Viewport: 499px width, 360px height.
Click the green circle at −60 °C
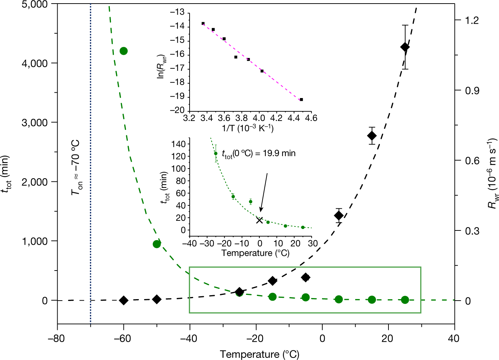click(x=123, y=51)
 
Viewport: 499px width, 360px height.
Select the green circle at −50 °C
click(x=157, y=244)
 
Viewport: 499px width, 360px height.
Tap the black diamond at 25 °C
click(x=405, y=47)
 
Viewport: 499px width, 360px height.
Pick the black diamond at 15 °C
click(x=372, y=136)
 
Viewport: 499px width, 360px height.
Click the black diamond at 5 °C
click(x=339, y=215)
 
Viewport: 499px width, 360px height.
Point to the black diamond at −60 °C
click(x=123, y=300)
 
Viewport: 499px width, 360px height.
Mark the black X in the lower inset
click(x=260, y=220)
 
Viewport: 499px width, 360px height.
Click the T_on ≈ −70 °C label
click(x=76, y=168)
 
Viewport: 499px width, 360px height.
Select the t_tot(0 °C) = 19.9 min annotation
click(x=259, y=154)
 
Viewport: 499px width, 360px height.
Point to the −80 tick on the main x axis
click(x=57, y=338)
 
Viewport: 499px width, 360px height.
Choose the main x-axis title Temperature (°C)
click(x=259, y=354)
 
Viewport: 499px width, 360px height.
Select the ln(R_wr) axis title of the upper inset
click(x=161, y=62)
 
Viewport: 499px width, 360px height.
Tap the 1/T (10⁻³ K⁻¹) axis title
click(x=248, y=128)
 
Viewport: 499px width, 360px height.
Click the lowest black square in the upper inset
click(x=301, y=99)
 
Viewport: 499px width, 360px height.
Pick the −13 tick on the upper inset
click(x=177, y=13)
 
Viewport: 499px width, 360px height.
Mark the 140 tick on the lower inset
click(x=178, y=144)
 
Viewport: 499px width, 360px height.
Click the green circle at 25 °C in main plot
click(x=405, y=300)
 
